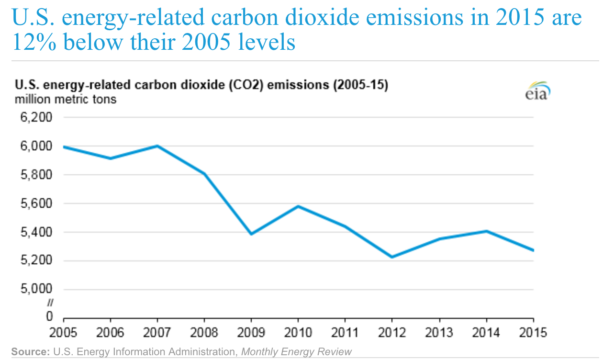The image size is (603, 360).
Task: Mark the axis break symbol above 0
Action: (49, 303)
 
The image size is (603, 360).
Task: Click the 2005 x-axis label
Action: (64, 332)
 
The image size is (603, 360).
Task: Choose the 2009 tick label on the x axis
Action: (251, 332)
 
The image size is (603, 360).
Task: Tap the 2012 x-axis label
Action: (392, 332)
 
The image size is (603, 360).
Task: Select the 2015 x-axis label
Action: (533, 332)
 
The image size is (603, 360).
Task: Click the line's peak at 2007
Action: (157, 146)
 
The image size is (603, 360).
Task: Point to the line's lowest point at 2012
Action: (392, 257)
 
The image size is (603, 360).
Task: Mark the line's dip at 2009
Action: (251, 234)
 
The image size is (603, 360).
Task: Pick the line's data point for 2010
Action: (298, 206)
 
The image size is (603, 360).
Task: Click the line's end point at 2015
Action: (533, 250)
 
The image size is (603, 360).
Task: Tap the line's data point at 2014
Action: (486, 231)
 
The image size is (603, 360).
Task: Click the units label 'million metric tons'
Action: (65, 100)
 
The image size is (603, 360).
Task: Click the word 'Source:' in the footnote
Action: (30, 352)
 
